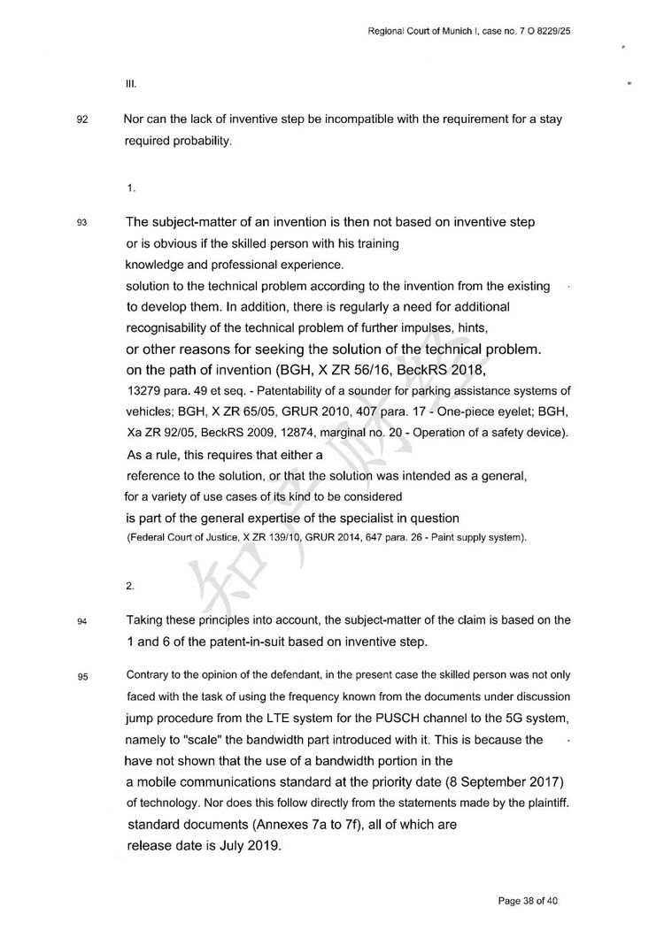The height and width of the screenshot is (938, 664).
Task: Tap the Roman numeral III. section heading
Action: point(130,86)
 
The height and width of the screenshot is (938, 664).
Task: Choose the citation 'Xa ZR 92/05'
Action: point(158,433)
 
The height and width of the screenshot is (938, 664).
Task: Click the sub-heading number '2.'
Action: point(130,585)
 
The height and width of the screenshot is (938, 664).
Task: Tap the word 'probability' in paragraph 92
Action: point(201,141)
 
